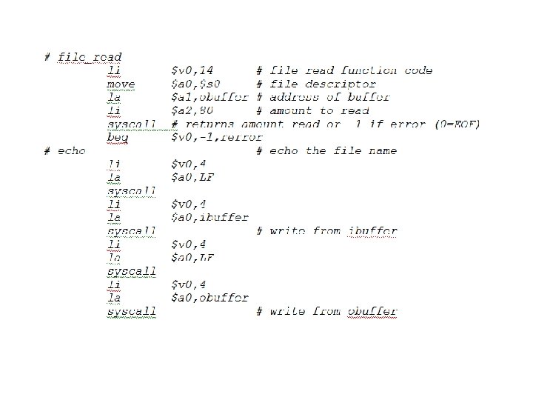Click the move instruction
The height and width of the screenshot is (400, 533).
[x=121, y=84]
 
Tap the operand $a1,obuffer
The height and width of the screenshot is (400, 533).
[x=209, y=97]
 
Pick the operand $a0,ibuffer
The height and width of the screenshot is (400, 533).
[x=209, y=218]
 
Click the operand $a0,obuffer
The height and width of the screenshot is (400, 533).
[x=209, y=298]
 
